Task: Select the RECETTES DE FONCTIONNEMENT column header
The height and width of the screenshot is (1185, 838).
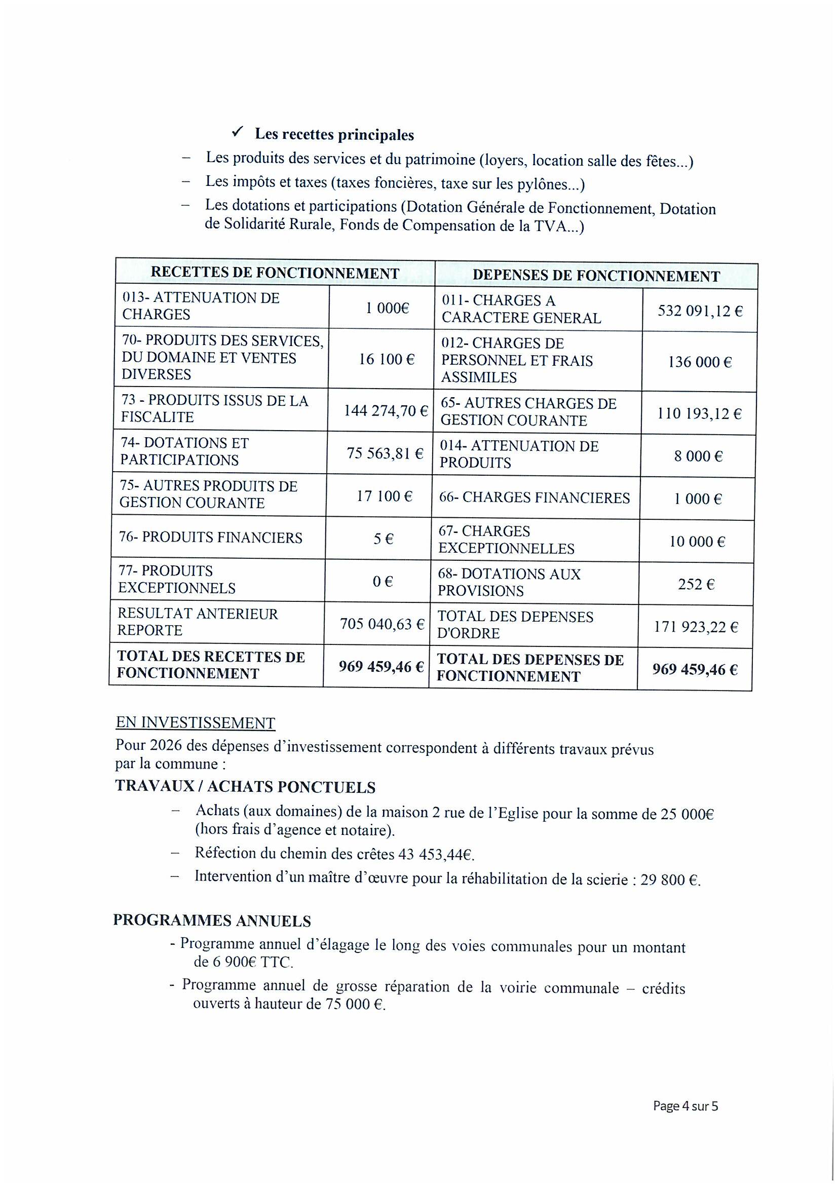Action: pyautogui.click(x=275, y=273)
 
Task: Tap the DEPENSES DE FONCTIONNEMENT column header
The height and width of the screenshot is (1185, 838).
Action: pyautogui.click(x=596, y=276)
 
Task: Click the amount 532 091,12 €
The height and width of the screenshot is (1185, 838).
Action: pyautogui.click(x=700, y=311)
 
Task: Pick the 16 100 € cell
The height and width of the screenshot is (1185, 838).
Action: pyautogui.click(x=387, y=359)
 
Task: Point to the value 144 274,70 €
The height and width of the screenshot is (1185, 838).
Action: pyautogui.click(x=386, y=411)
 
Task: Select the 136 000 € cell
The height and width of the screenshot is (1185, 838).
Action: pyautogui.click(x=699, y=362)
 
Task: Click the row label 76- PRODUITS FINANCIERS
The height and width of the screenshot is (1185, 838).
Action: pyautogui.click(x=211, y=538)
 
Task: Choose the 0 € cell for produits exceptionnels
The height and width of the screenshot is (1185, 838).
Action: pyautogui.click(x=383, y=582)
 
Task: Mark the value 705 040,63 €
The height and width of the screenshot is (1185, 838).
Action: pyautogui.click(x=382, y=625)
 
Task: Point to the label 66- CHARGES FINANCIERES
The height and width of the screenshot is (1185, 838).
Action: pyautogui.click(x=534, y=498)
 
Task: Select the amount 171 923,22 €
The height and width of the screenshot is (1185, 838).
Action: pyautogui.click(x=696, y=628)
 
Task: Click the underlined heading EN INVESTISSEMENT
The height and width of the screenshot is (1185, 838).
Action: pyautogui.click(x=195, y=722)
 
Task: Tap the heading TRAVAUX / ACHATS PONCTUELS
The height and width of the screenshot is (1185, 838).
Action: pyautogui.click(x=245, y=787)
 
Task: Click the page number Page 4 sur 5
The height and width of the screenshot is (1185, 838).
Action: pyautogui.click(x=685, y=1106)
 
